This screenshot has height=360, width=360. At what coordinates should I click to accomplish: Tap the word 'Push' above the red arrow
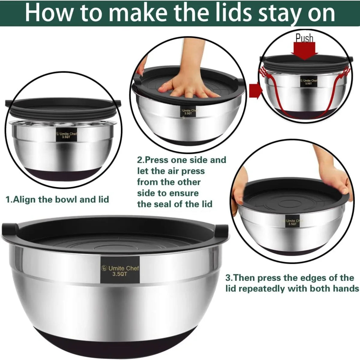(304, 38)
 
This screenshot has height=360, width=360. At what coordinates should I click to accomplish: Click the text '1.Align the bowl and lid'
(57, 199)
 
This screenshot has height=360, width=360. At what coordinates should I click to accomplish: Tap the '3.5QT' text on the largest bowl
(120, 274)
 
